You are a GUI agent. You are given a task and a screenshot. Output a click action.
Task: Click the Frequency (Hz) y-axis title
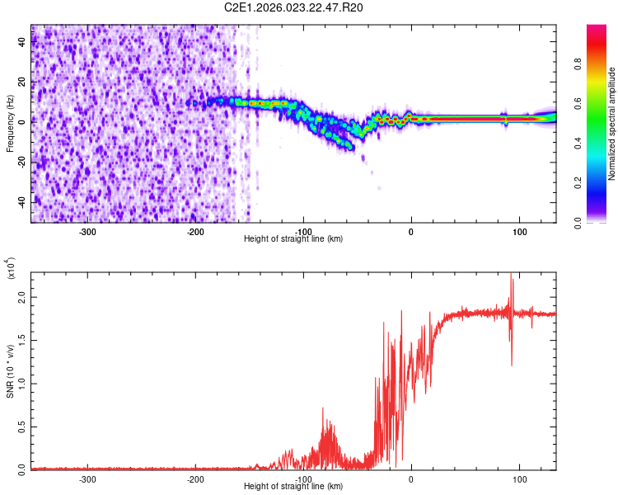(x=10, y=124)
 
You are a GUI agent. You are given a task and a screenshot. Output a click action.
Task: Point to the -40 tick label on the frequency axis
(x=21, y=201)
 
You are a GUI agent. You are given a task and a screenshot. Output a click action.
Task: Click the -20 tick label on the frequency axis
(x=21, y=162)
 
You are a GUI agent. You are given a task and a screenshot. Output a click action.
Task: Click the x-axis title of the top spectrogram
(x=293, y=238)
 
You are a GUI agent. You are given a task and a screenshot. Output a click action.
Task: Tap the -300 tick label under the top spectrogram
(x=88, y=230)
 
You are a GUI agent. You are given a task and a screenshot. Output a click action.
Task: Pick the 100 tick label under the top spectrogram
(x=519, y=230)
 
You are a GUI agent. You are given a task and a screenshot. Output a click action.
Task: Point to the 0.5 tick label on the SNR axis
(x=22, y=426)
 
